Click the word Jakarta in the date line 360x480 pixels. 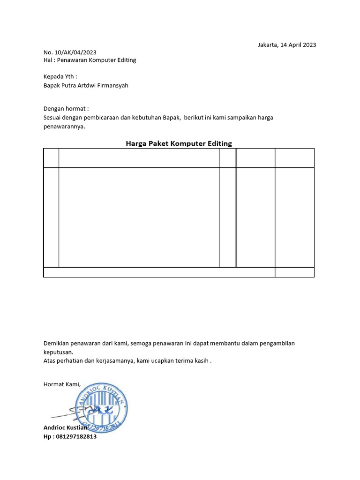pos(268,45)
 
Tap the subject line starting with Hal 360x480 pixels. pos(90,60)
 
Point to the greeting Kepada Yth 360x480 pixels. pos(60,76)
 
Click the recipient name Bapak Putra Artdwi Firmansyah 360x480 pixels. pos(86,85)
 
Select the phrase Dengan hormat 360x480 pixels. pos(66,108)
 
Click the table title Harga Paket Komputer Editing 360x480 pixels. pos(179,143)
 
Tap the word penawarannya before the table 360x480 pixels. pos(64,127)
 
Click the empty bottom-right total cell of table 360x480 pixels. pos(294,272)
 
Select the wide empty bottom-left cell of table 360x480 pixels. pos(159,272)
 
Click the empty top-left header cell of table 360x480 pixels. pos(51,157)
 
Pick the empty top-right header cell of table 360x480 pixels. pos(294,157)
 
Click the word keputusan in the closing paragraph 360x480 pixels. pos(58,352)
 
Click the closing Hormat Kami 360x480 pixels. pos(62,384)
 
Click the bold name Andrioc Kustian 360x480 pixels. pos(65,427)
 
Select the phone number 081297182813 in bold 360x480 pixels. pos(76,436)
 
